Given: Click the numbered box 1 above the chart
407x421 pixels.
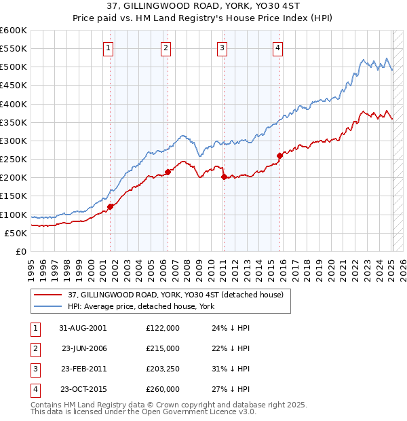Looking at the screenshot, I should [x=109, y=48].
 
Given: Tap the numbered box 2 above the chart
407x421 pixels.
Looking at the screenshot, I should [x=166, y=48].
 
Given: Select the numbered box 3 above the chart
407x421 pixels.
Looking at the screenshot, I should [x=222, y=48].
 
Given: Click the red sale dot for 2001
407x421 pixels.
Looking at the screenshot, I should [x=110, y=206].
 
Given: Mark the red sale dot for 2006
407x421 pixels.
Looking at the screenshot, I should [x=168, y=172].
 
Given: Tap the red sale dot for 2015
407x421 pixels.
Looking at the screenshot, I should [x=279, y=155].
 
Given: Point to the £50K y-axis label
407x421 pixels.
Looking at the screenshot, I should [x=16, y=233].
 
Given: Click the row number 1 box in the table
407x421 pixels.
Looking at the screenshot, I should [x=33, y=328].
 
